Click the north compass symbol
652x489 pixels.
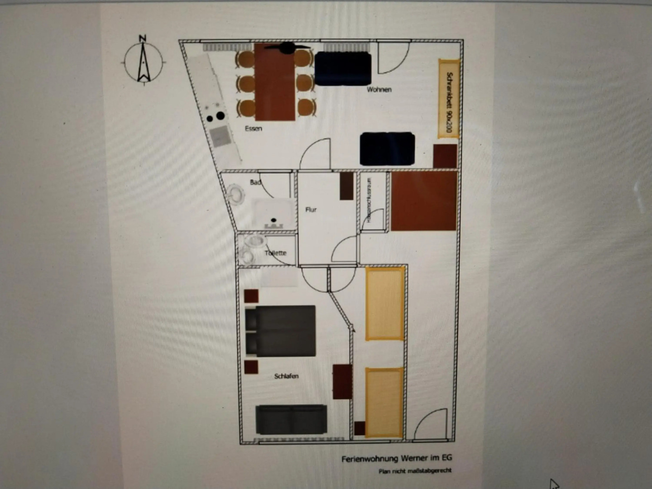[144, 61]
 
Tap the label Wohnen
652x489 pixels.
[379, 90]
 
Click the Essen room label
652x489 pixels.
[253, 129]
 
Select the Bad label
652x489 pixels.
[256, 182]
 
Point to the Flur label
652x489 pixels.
[311, 210]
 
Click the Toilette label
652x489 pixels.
[275, 253]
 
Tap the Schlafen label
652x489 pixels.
[286, 376]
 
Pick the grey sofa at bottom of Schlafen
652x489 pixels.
[291, 420]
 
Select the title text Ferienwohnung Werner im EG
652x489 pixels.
[397, 459]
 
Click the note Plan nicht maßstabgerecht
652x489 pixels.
[415, 471]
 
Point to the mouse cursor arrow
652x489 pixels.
[554, 484]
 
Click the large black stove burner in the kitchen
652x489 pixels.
[220, 116]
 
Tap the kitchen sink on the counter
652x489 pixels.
[221, 135]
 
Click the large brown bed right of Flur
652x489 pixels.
[424, 201]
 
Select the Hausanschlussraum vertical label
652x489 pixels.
[369, 200]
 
